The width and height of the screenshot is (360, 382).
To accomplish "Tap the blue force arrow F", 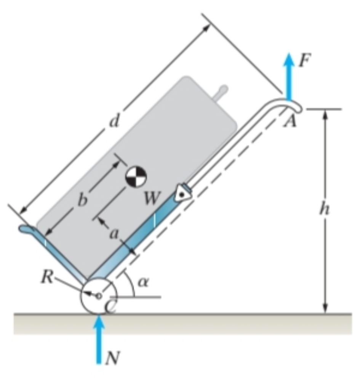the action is pos(289,76).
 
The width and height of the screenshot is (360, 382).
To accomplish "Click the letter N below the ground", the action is pos(112,358).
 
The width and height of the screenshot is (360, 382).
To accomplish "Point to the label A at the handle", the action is pos(291,120).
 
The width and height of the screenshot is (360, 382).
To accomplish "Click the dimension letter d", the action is pos(114,120).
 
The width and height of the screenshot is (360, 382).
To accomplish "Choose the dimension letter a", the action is pos(114,234).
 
